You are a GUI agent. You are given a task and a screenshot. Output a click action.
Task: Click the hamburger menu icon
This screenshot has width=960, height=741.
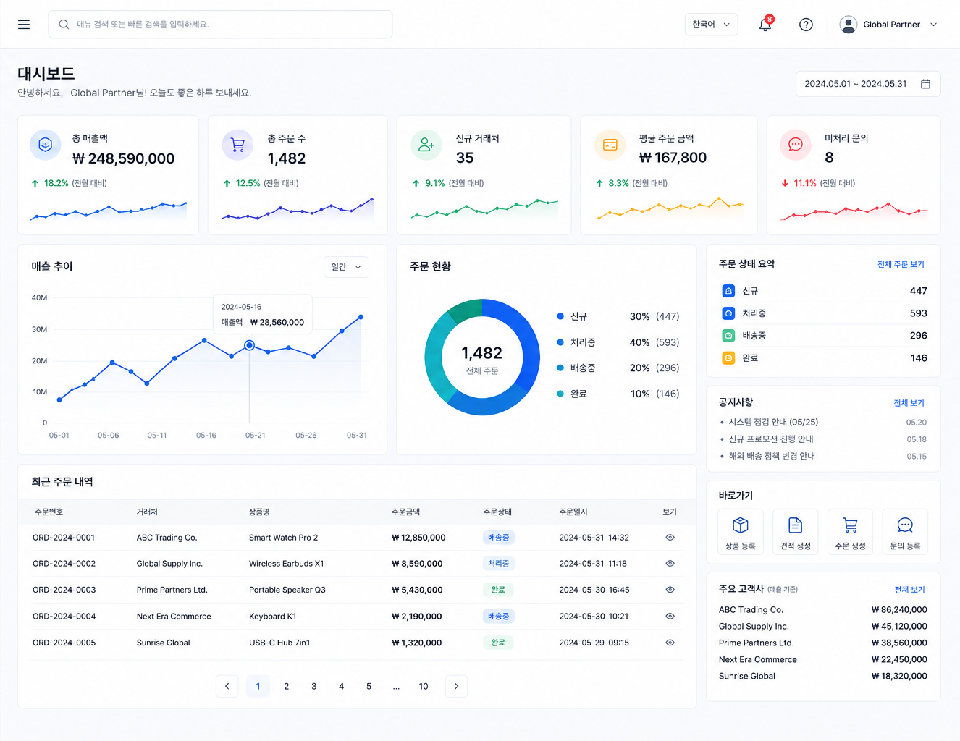coord(24,25)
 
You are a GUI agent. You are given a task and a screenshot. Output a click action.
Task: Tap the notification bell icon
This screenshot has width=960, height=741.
coord(765,25)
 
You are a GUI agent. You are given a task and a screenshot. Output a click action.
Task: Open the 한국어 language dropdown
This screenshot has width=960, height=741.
coord(711,25)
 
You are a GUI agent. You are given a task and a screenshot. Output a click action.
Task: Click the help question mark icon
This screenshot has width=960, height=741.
coord(806,25)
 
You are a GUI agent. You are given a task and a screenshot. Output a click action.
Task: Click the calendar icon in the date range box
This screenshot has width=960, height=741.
coord(925,84)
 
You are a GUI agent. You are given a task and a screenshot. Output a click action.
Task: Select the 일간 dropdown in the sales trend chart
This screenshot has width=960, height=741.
coord(346,267)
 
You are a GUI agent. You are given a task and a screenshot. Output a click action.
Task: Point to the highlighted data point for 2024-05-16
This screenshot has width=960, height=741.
coord(249,345)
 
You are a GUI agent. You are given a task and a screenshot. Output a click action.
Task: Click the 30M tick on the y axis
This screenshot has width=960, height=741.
coord(39,329)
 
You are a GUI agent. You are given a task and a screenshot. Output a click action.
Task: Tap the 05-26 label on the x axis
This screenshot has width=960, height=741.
coord(306,436)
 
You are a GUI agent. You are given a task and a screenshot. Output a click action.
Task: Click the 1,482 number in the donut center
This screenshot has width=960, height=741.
coord(481,353)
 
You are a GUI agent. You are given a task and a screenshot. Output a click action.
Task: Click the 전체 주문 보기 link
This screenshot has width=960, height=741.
coord(901,264)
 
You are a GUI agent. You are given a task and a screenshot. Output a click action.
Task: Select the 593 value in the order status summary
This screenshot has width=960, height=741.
coord(918,313)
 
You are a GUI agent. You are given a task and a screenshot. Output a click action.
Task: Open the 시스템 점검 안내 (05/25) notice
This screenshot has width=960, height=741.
coord(773,422)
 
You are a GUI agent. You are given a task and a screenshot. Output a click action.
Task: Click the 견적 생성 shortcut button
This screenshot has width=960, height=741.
coord(795,532)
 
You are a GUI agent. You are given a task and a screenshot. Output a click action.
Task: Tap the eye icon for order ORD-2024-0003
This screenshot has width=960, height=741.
coord(670,590)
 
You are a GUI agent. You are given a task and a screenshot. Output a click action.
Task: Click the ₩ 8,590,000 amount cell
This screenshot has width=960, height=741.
coord(417,564)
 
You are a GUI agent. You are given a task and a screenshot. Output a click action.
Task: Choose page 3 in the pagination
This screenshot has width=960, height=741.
coord(313,686)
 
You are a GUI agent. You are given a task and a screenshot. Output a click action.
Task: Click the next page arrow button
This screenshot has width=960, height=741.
coord(456,686)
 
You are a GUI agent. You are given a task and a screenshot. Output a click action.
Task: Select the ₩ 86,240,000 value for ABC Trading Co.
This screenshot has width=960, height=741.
coord(899,610)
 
